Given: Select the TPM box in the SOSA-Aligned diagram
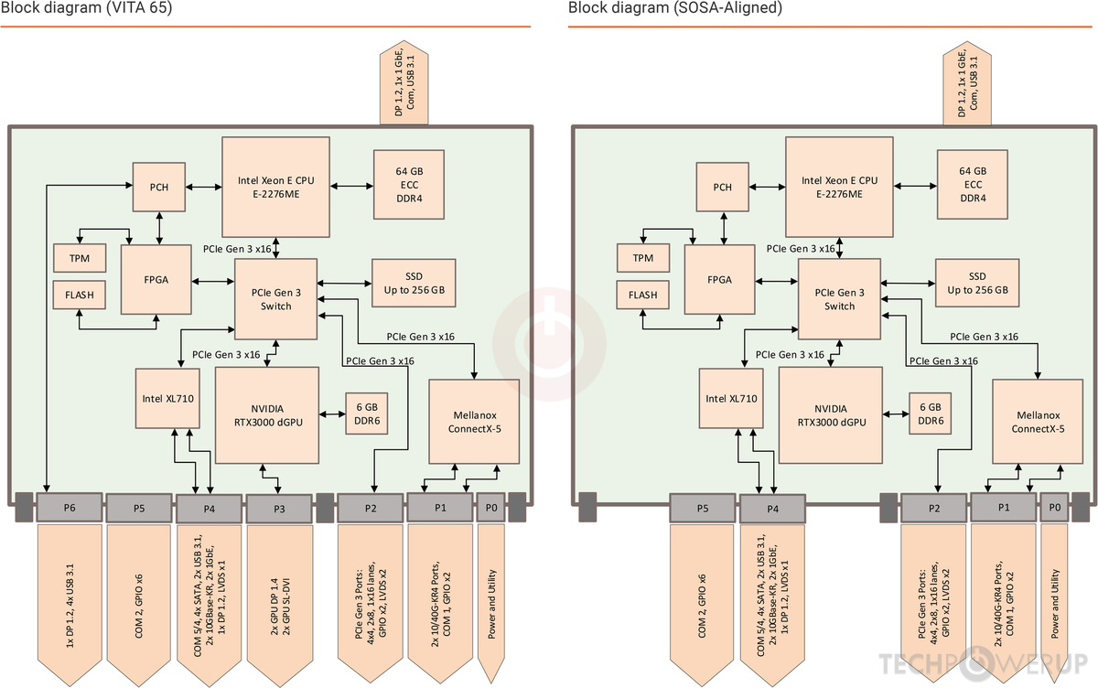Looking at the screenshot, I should (642, 258).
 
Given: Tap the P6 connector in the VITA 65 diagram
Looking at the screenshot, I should (70, 507).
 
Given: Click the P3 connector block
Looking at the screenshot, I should (279, 508).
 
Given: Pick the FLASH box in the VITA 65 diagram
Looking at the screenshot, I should (80, 295).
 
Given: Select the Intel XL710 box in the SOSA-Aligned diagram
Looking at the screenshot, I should (731, 398).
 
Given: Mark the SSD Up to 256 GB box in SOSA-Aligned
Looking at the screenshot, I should (977, 283).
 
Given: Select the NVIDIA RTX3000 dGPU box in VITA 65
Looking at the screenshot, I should (266, 414).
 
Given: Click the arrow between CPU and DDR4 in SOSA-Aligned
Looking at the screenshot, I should (915, 187).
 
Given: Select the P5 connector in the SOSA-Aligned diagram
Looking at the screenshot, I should (702, 508).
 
